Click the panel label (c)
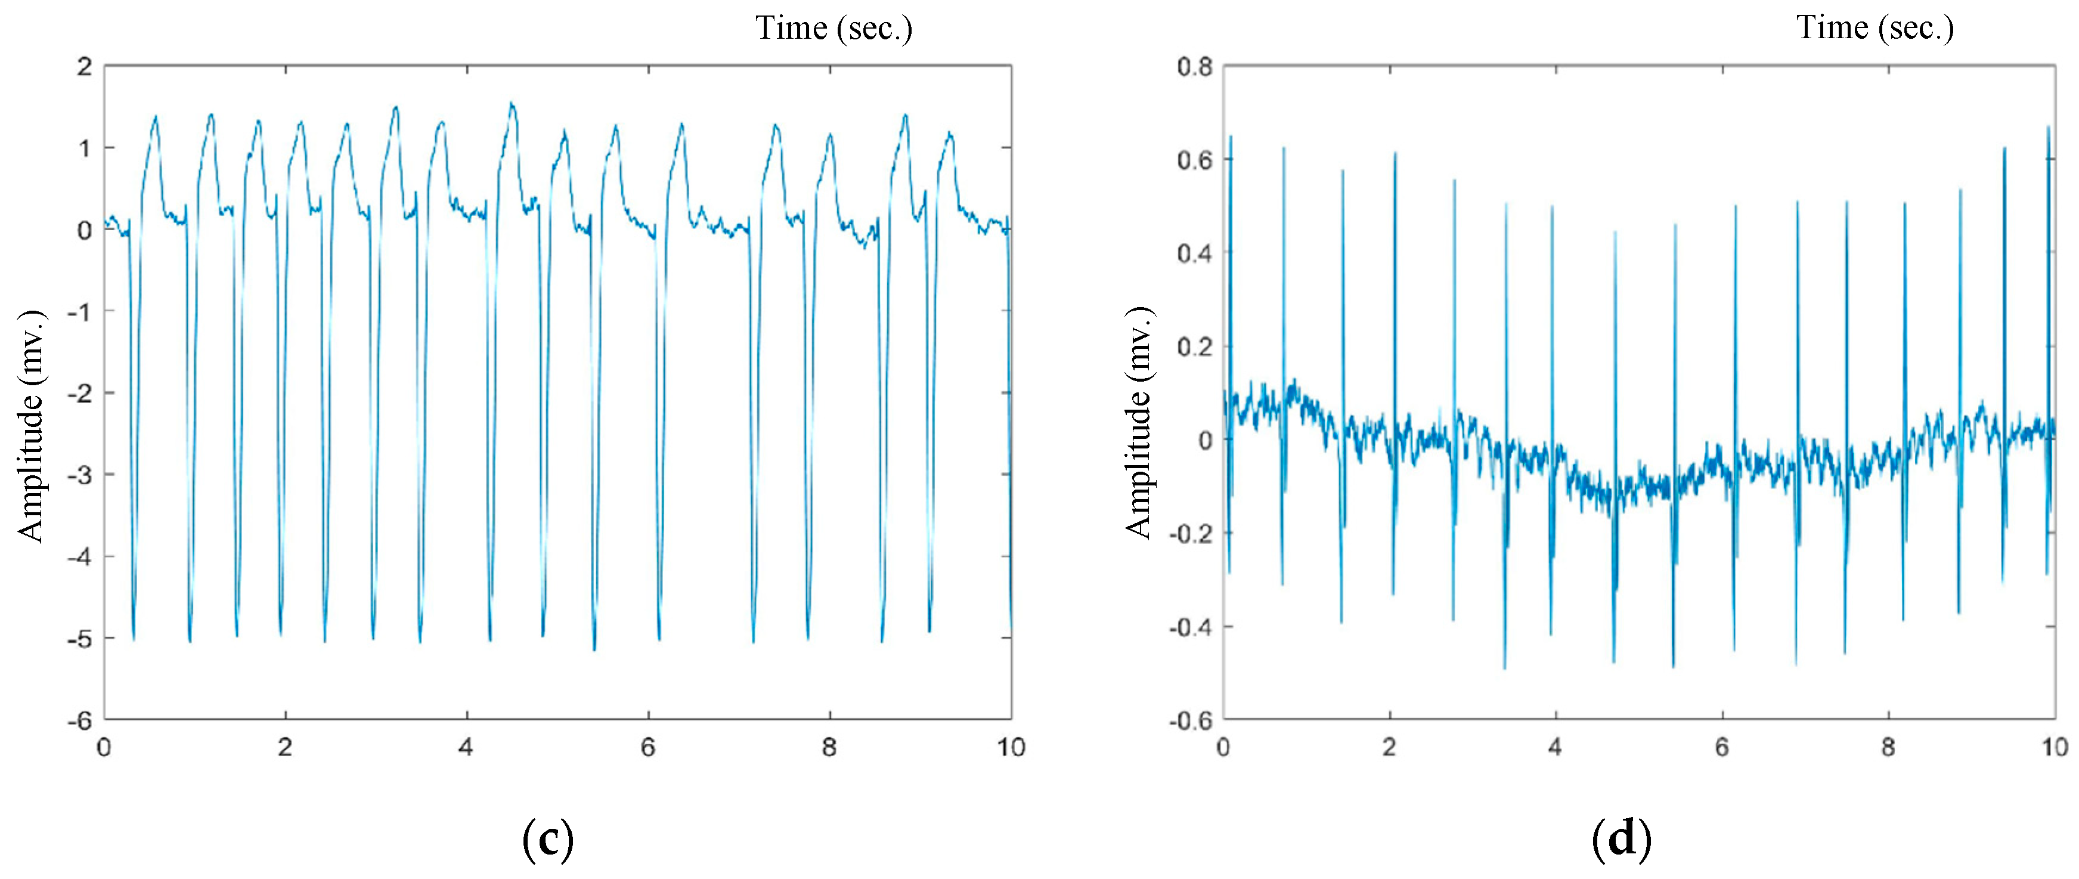pos(548,840)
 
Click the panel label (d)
pos(1621,840)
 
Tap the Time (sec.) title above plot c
pos(834,28)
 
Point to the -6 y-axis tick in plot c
pos(79,720)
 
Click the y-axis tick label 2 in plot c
pos(84,66)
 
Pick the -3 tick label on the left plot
pos(79,475)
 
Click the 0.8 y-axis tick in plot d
pos(1194,66)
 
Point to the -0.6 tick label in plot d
pos(1191,720)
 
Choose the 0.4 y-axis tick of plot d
pos(1194,253)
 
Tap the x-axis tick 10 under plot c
pos(1011,747)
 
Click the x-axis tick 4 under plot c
pos(466,747)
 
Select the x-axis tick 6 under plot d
pos(1721,747)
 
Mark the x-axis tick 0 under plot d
pos(1223,747)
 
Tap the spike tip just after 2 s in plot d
pos(1395,153)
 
